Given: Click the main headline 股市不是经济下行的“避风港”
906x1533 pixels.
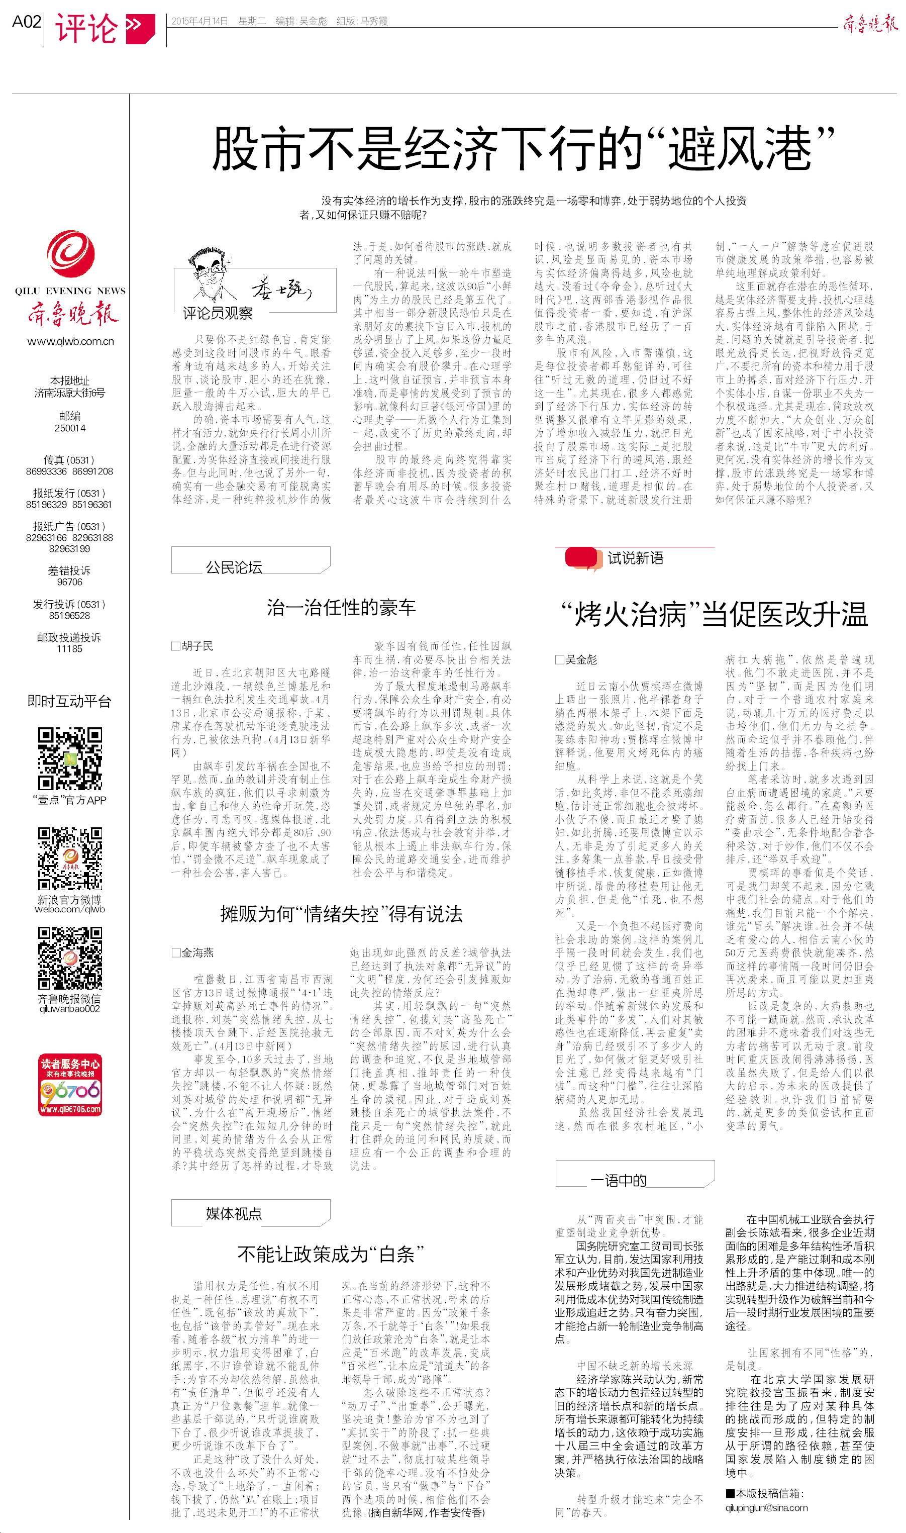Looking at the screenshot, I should [x=523, y=148].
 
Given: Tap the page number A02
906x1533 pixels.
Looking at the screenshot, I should [x=26, y=22].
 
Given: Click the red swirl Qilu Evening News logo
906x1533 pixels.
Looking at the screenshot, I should [x=71, y=253].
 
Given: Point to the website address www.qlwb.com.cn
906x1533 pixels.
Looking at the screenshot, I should [x=70, y=341].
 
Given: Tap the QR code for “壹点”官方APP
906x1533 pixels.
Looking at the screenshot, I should [x=70, y=758].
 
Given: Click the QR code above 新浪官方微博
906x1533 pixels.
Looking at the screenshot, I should [x=70, y=858].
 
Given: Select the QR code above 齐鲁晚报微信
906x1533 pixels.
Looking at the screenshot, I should [x=70, y=957].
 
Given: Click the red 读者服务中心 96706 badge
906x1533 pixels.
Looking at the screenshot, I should [x=70, y=1085].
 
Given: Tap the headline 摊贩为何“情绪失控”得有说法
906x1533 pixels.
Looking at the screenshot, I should [x=341, y=914].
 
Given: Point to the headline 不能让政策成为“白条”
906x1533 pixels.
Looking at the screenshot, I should [x=330, y=1255].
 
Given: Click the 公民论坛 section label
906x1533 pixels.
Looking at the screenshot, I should [x=234, y=567].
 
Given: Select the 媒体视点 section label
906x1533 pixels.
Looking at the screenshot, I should [x=234, y=1214].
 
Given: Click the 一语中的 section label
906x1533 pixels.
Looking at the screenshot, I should [x=618, y=1180].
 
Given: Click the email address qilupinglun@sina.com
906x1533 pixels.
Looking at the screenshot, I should [x=766, y=1507].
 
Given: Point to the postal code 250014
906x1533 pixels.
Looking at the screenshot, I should [x=70, y=428].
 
